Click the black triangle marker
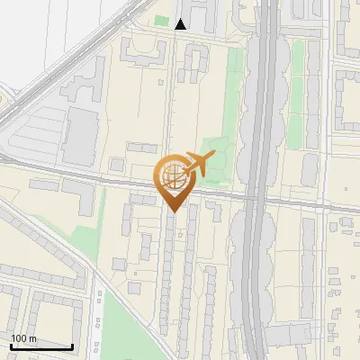tap(181, 24)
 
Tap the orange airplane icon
tap(199, 164)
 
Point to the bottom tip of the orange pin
tap(172, 211)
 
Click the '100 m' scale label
tap(23, 338)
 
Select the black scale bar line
tap(41, 346)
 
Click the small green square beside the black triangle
tap(161, 21)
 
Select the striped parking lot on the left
tap(31, 135)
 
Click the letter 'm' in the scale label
tap(32, 338)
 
